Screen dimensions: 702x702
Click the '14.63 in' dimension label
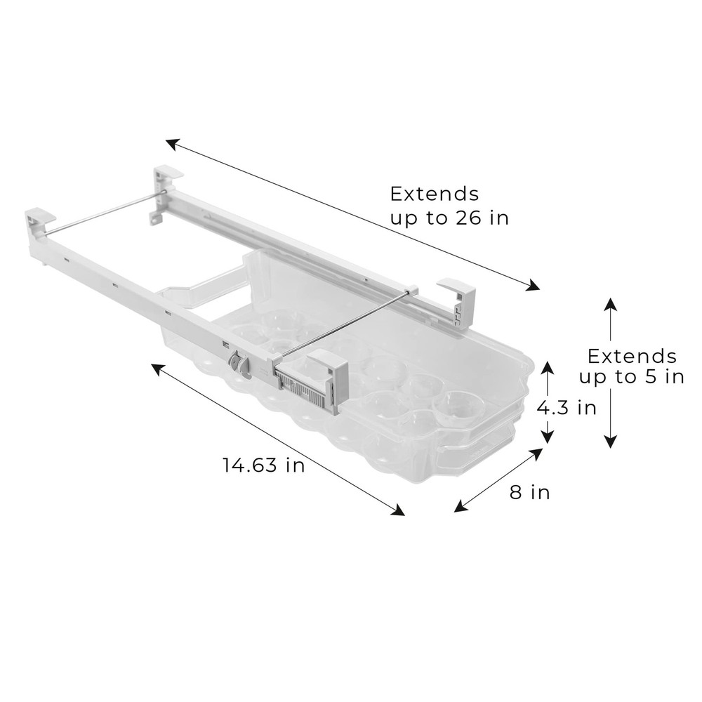(263, 465)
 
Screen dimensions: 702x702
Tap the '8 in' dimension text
(529, 492)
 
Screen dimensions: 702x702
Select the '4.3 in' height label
(567, 407)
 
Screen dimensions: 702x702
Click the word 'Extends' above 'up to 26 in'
(435, 193)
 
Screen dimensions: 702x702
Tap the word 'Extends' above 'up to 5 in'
(632, 355)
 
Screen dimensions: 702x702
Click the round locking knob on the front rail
(239, 366)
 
